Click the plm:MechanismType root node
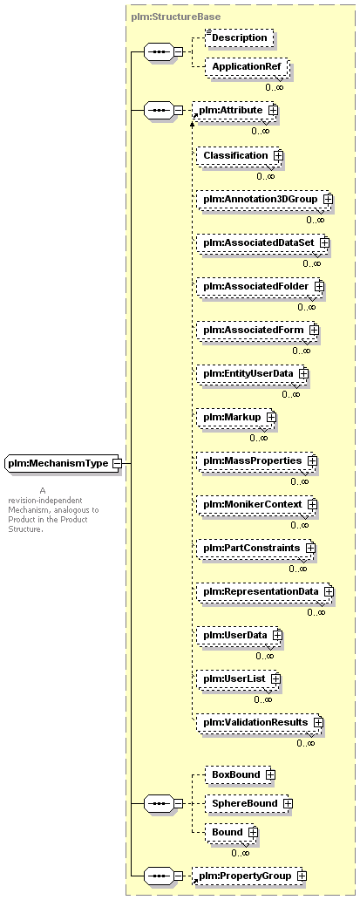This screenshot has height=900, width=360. pos(63,462)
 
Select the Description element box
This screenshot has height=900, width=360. pos(239,37)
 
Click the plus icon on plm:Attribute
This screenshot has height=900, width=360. pos(273,110)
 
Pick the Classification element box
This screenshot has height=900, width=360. pos(240,155)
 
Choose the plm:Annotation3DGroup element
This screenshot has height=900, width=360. pos(264,199)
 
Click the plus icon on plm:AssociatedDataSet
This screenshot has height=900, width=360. pos(324,242)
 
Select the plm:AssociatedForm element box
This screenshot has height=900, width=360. pos(257,330)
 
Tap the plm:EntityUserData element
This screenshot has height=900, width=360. pos(252,373)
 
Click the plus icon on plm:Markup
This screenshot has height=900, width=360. pos(271,417)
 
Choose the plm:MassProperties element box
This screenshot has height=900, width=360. pos(257,461)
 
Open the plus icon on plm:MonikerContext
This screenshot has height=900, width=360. pos(312,505)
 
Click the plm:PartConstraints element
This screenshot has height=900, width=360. pos(255,549)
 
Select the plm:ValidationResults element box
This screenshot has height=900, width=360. pos(260,722)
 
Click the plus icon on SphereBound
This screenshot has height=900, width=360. pos(288,803)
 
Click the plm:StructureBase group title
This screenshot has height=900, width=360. pos(175,17)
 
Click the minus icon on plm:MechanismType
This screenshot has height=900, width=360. pos(117,462)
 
